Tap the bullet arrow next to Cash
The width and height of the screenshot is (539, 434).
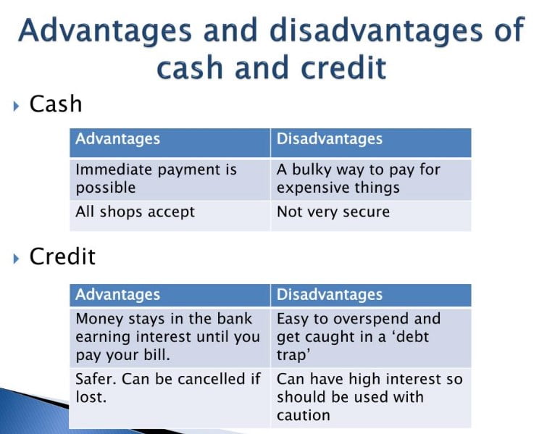point(16,106)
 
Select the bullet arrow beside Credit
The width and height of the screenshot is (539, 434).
point(16,259)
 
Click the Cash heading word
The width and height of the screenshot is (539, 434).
point(56,104)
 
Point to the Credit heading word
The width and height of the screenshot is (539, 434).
point(62,256)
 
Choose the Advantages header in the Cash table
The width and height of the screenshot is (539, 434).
point(118,139)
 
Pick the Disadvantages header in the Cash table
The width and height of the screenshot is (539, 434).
point(330,139)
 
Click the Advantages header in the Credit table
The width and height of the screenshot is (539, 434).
point(118,295)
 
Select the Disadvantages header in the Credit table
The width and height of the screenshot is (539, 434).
point(330,295)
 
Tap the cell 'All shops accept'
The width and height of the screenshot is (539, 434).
point(135,212)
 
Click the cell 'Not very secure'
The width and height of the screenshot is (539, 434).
point(333,212)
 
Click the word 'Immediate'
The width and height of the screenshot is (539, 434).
point(114,170)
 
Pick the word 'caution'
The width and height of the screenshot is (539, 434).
point(303,415)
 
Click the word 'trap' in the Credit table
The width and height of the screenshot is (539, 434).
point(291,356)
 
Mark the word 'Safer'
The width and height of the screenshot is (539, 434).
point(96,379)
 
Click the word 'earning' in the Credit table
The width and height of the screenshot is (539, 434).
point(103,338)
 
